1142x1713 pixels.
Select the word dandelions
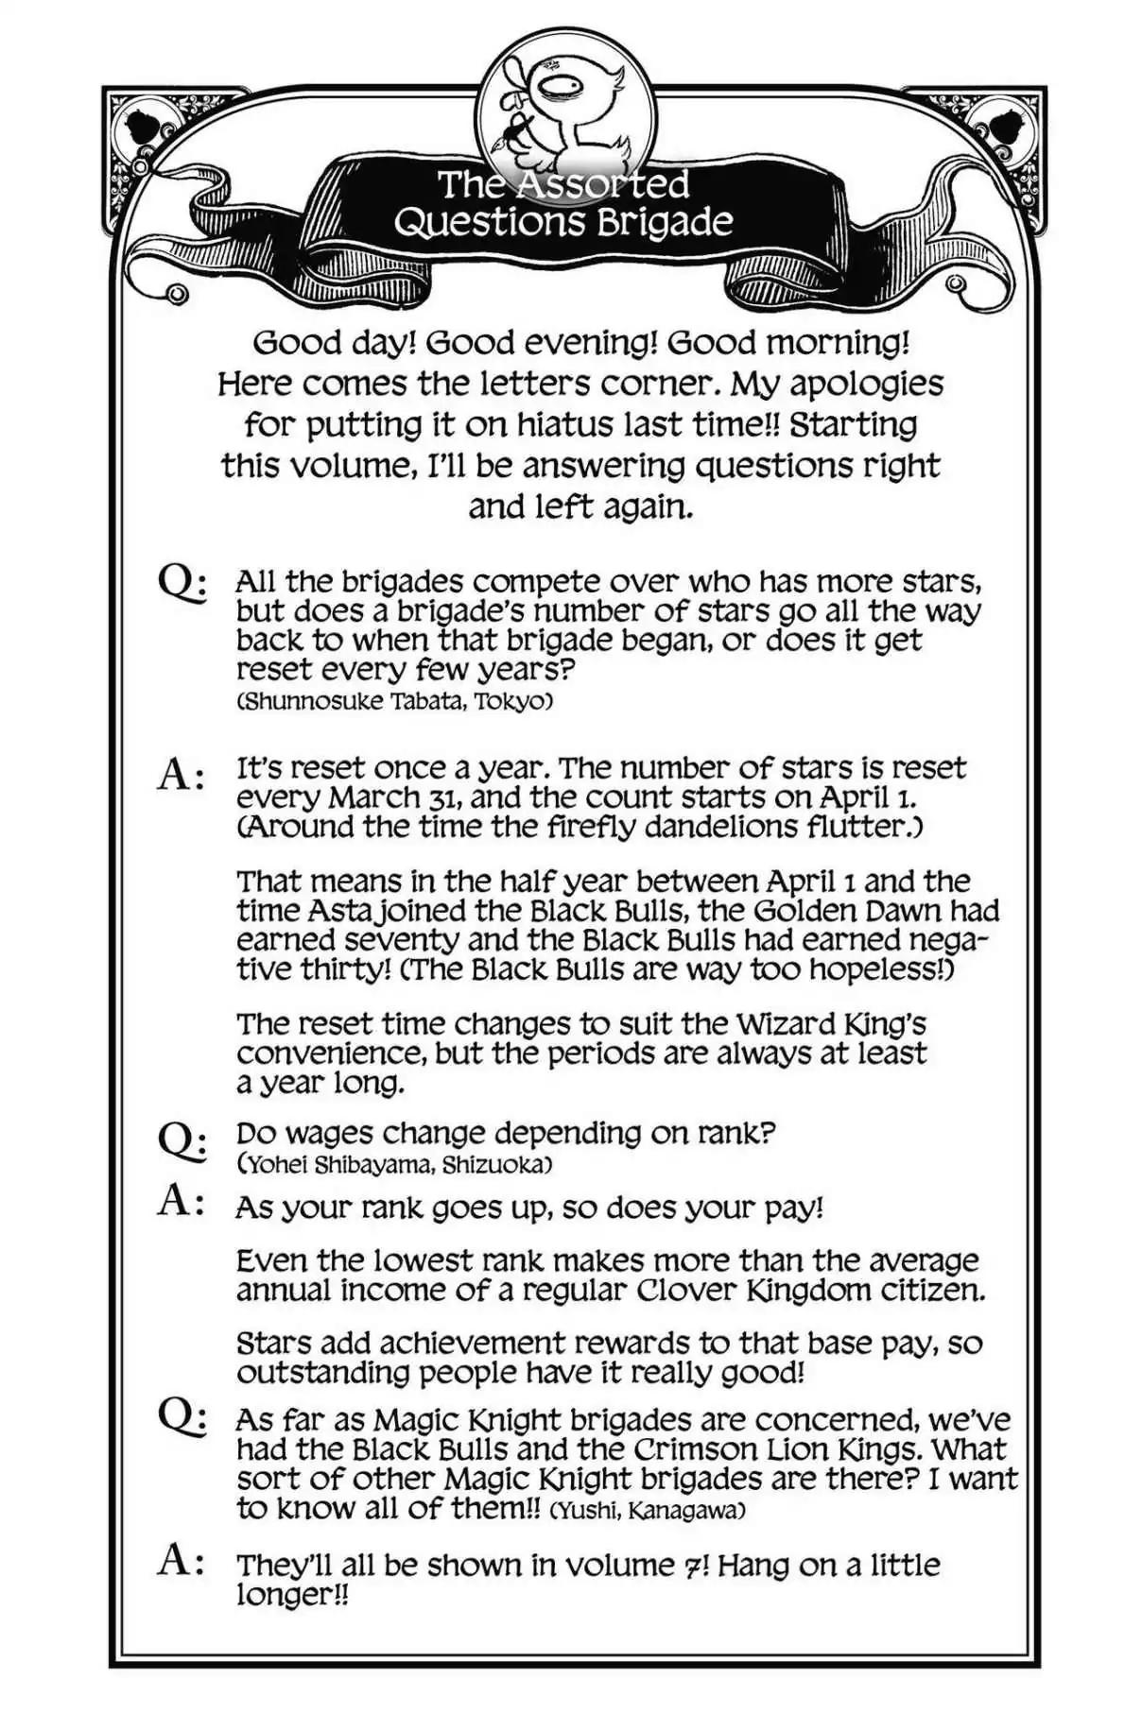(x=724, y=827)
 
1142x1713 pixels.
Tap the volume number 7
(x=693, y=1566)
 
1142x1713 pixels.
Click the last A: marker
(x=180, y=1562)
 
